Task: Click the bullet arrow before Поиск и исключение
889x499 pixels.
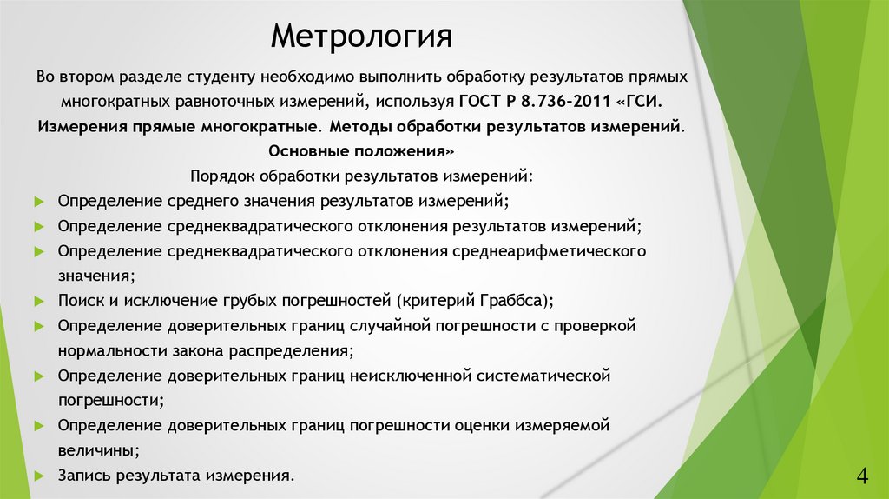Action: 39,301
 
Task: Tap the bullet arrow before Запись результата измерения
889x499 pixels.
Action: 39,476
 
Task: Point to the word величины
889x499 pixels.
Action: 97,451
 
